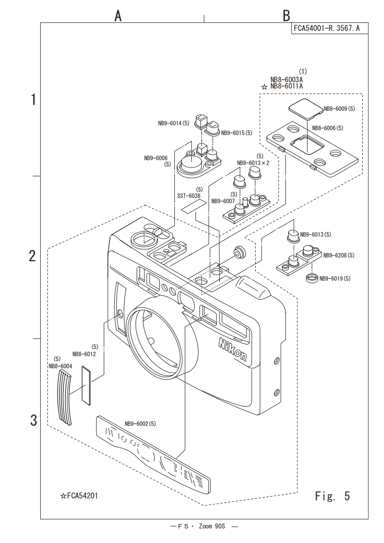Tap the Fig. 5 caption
[x=332, y=496]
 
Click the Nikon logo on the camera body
[x=232, y=350]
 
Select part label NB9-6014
[x=173, y=123]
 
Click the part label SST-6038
[x=188, y=195]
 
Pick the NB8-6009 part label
[x=339, y=109]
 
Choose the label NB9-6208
[x=338, y=255]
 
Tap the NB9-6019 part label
[x=334, y=278]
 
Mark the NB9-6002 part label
[x=140, y=424]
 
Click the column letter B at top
[x=286, y=16]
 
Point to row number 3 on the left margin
[x=33, y=420]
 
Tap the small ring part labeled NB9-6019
[x=312, y=279]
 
